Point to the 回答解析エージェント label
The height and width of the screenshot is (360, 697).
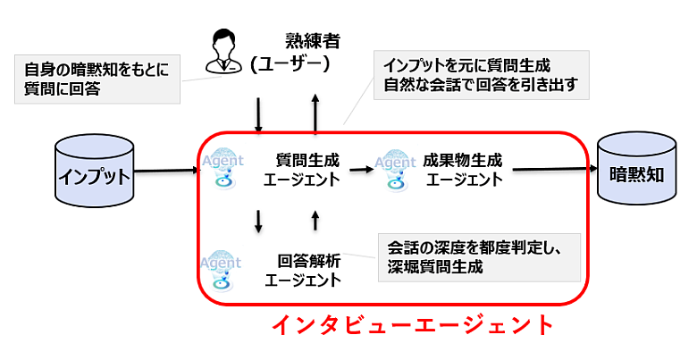point(304,270)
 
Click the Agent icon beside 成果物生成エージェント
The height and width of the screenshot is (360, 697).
point(395,167)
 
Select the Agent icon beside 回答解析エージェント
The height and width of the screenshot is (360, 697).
point(221,268)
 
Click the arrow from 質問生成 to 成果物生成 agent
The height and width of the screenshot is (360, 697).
point(361,168)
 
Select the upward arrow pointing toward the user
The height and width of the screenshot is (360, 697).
point(315,113)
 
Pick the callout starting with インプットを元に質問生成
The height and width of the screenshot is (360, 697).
point(481,75)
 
